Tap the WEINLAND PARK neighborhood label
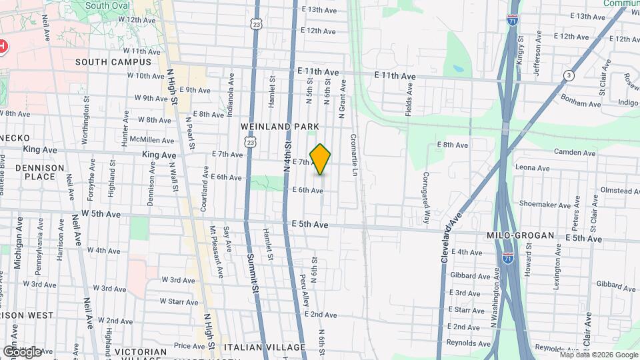[281, 126]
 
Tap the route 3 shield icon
[568, 75]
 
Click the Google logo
[21, 351]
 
